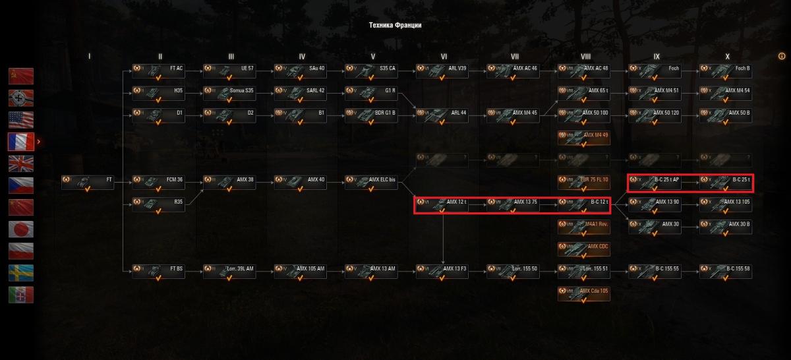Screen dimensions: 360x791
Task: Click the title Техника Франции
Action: pyautogui.click(x=395, y=25)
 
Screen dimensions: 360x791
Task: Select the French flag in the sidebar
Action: pyautogui.click(x=20, y=141)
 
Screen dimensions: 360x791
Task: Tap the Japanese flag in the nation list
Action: pyautogui.click(x=20, y=229)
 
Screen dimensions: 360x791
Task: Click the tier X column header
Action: pyautogui.click(x=727, y=57)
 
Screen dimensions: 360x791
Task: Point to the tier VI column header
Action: pyautogui.click(x=443, y=57)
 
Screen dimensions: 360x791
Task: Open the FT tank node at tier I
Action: pyautogui.click(x=88, y=183)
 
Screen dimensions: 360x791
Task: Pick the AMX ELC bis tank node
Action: pyautogui.click(x=371, y=183)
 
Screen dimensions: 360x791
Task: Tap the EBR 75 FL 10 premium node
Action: pyautogui.click(x=584, y=183)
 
